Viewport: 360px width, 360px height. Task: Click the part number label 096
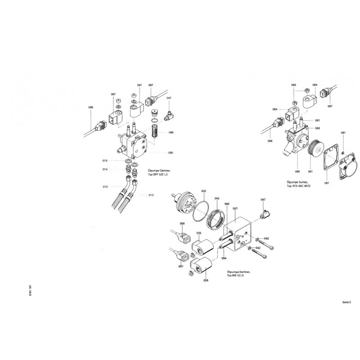[x=171, y=132]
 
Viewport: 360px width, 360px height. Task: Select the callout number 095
[x=171, y=153]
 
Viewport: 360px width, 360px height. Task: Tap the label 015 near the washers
[x=105, y=161]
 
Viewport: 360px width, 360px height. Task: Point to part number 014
[x=105, y=170]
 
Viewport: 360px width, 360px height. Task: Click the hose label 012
[x=105, y=186]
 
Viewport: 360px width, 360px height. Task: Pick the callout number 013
[x=151, y=195]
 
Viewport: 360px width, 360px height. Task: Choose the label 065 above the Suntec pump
[x=293, y=85]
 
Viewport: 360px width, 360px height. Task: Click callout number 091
[x=317, y=121]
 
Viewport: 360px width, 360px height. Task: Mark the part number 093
[x=317, y=128]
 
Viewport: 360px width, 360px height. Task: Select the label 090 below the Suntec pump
[x=297, y=172]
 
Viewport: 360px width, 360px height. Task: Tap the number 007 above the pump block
[x=235, y=208]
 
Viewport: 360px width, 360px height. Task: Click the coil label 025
[x=198, y=233]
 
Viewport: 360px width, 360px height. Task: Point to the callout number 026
[x=206, y=281]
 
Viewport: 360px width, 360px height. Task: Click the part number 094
[x=224, y=258]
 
